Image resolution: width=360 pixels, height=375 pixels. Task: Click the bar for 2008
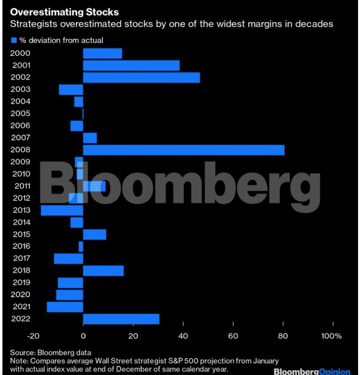pyautogui.click(x=184, y=150)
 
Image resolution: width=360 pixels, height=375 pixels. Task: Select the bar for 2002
pyautogui.click(x=141, y=77)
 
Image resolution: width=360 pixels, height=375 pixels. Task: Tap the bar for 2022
pyautogui.click(x=121, y=319)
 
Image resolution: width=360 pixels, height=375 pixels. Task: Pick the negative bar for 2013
pyautogui.click(x=62, y=210)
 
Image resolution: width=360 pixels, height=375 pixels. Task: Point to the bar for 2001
pyautogui.click(x=131, y=65)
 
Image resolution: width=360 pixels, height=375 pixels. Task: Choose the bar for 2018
pyautogui.click(x=103, y=270)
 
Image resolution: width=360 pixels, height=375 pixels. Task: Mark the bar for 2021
pyautogui.click(x=65, y=306)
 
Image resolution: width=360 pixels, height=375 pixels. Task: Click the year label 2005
pyautogui.click(x=20, y=113)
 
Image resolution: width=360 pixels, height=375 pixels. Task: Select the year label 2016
pyautogui.click(x=20, y=246)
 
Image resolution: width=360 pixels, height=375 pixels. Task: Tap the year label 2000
pyautogui.click(x=20, y=53)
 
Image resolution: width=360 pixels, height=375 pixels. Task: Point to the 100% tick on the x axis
pyautogui.click(x=332, y=336)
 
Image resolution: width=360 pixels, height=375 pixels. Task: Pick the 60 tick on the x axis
pyautogui.click(x=233, y=336)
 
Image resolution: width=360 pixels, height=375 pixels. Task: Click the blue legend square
pyautogui.click(x=14, y=40)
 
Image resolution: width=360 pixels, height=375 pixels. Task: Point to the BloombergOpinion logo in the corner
pyautogui.click(x=312, y=372)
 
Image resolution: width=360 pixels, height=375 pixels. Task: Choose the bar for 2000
pyautogui.click(x=103, y=53)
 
